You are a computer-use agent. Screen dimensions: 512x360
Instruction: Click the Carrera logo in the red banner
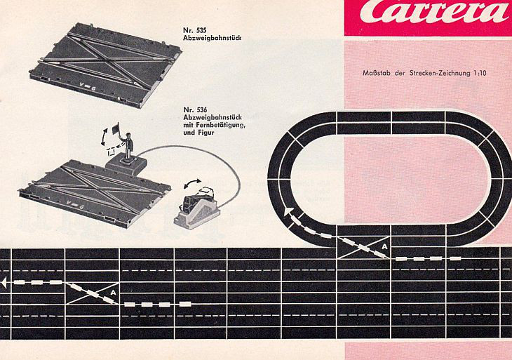[434, 12]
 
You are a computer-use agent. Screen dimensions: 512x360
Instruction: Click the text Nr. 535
[195, 30]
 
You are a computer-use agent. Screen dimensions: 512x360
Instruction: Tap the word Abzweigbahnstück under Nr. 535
[213, 38]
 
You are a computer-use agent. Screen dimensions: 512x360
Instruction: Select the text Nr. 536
[195, 109]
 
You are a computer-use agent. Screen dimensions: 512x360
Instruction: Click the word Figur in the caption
[206, 133]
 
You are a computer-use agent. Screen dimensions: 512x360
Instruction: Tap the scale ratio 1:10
[480, 73]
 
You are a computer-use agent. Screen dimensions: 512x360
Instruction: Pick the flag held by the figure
[116, 128]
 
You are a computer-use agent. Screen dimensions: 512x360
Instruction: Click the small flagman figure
[128, 146]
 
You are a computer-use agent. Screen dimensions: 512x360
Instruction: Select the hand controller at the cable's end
[197, 208]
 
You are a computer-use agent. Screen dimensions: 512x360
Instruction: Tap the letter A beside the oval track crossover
[384, 246]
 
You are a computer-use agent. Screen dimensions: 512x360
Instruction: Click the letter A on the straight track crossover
[113, 293]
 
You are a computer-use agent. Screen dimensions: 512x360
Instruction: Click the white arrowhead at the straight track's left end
[4, 283]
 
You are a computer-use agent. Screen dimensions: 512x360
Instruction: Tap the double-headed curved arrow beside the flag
[105, 138]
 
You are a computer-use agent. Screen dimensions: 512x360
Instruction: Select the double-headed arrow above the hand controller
[193, 183]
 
